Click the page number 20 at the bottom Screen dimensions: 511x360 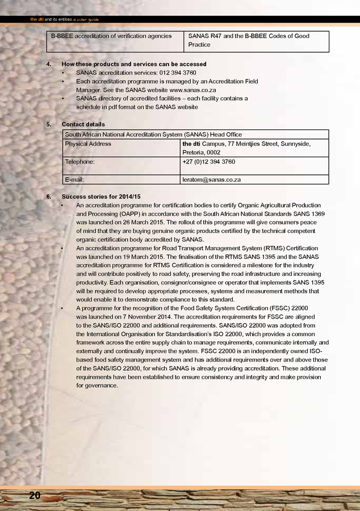point(35,496)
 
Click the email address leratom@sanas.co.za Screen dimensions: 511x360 point(211,180)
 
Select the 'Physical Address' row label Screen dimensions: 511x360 point(88,144)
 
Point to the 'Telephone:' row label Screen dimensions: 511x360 point(81,162)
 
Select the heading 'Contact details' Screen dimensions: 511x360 point(83,124)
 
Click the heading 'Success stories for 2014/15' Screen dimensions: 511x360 point(101,196)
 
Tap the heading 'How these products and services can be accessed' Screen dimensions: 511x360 point(133,64)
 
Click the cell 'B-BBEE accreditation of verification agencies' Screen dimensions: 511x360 point(111,36)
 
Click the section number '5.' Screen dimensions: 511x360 point(49,124)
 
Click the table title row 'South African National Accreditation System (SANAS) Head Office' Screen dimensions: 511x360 point(153,135)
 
